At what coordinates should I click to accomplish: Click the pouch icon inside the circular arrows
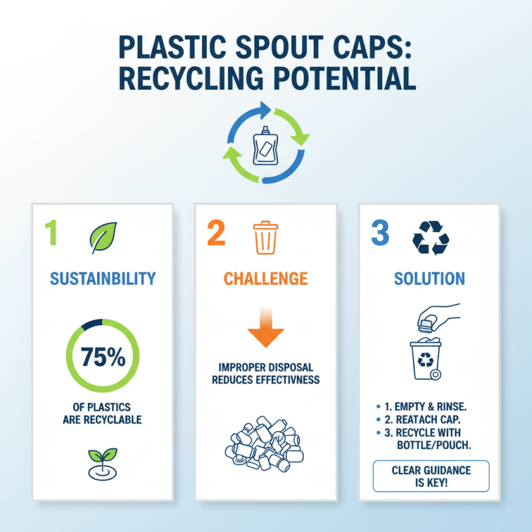point(266,142)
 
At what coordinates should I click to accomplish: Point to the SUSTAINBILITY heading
point(102,278)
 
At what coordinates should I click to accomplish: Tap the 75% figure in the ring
point(102,357)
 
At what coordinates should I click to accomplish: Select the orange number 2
point(215,235)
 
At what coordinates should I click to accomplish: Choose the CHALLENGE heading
point(265,278)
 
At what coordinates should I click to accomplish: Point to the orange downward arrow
point(265,330)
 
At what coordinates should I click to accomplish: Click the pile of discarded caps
point(265,442)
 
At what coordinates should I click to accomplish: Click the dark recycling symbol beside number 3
point(430,237)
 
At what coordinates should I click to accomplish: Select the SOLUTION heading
point(430,278)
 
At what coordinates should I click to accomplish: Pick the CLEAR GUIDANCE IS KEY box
point(430,475)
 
